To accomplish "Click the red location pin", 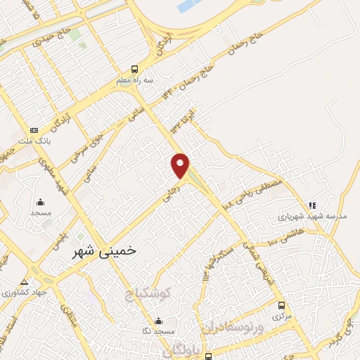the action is click(x=181, y=164).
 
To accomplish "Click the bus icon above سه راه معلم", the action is click(x=134, y=70).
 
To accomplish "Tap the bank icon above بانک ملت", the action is click(x=34, y=130).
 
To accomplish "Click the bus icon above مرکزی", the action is click(x=282, y=306).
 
